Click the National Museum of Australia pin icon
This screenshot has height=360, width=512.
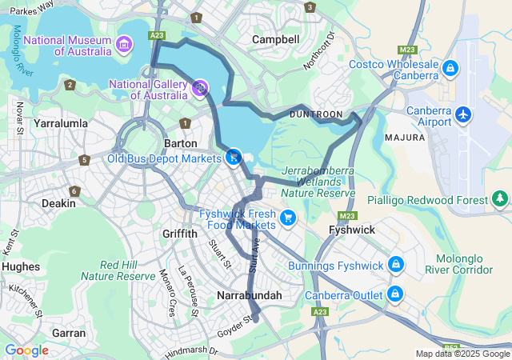coord(124,42)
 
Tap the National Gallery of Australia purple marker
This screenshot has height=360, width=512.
coord(199,88)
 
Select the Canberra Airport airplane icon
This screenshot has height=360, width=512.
coord(462,115)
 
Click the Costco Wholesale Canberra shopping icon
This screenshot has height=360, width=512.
coord(450,70)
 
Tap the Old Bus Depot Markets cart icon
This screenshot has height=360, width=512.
coord(234,158)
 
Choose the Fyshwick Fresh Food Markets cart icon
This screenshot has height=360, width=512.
coord(288,216)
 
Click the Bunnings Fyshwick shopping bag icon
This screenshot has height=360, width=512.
coord(395,265)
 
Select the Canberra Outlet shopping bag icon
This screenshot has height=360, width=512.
coord(395,294)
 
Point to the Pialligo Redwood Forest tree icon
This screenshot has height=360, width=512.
coord(500,198)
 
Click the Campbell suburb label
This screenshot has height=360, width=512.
coord(275,39)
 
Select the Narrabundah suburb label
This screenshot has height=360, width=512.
coord(250,295)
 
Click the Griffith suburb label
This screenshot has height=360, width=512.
coord(178,234)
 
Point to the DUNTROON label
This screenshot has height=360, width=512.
coord(315,114)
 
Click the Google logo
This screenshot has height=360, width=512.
coord(26,350)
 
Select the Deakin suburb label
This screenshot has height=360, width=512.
coord(58,203)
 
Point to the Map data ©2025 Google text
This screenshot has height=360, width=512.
coord(462,354)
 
